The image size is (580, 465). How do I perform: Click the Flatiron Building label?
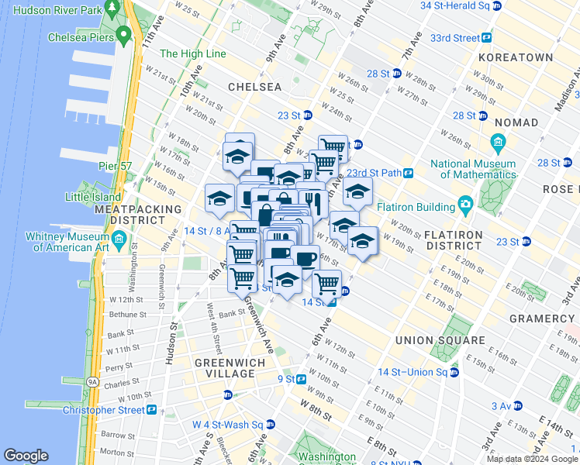pos(416,207)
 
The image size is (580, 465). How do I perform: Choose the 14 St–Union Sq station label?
pos(419,372)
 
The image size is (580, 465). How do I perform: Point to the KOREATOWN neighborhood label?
pos(516,57)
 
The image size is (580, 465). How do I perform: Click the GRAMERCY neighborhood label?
pos(541,319)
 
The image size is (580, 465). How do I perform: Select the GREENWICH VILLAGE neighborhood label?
pos(224,368)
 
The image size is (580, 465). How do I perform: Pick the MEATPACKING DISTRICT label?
pos(137,215)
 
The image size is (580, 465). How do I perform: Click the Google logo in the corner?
pos(26,456)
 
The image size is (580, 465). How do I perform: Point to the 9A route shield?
pos(92,381)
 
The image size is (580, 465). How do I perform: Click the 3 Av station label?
pos(499,405)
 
